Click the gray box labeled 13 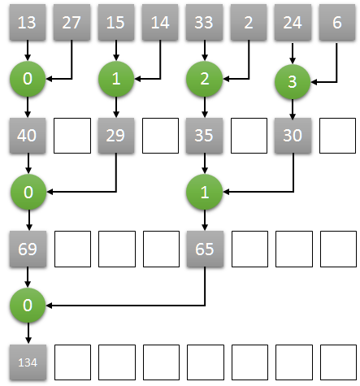[x=28, y=24]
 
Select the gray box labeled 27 [x=72, y=24]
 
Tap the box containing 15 [x=116, y=24]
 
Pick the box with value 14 [x=160, y=24]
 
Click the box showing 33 [x=205, y=24]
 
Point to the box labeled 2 [x=249, y=24]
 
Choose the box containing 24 [x=293, y=24]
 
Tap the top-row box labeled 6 [x=337, y=24]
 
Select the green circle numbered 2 [x=205, y=79]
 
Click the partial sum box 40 [x=28, y=137]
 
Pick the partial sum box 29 [x=116, y=137]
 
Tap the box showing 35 [x=205, y=137]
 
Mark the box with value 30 [x=293, y=137]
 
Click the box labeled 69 [x=28, y=249]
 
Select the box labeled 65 [x=205, y=249]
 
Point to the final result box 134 [x=28, y=362]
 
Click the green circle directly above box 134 [x=28, y=306]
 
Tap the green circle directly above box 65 [x=205, y=193]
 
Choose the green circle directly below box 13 [x=28, y=79]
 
